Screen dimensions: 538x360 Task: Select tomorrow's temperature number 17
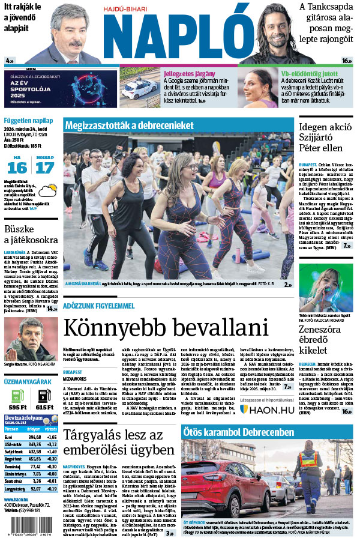point(45,167)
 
